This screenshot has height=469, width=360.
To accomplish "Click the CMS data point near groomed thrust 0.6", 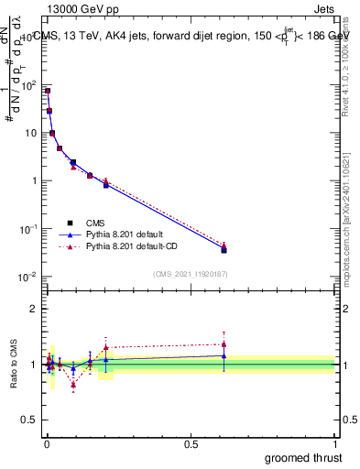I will tap(224, 249).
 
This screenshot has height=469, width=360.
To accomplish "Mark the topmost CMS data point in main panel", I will tap(48, 91).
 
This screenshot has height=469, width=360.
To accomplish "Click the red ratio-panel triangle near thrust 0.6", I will tap(224, 344).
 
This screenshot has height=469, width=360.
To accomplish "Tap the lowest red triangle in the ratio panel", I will tap(73, 385).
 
